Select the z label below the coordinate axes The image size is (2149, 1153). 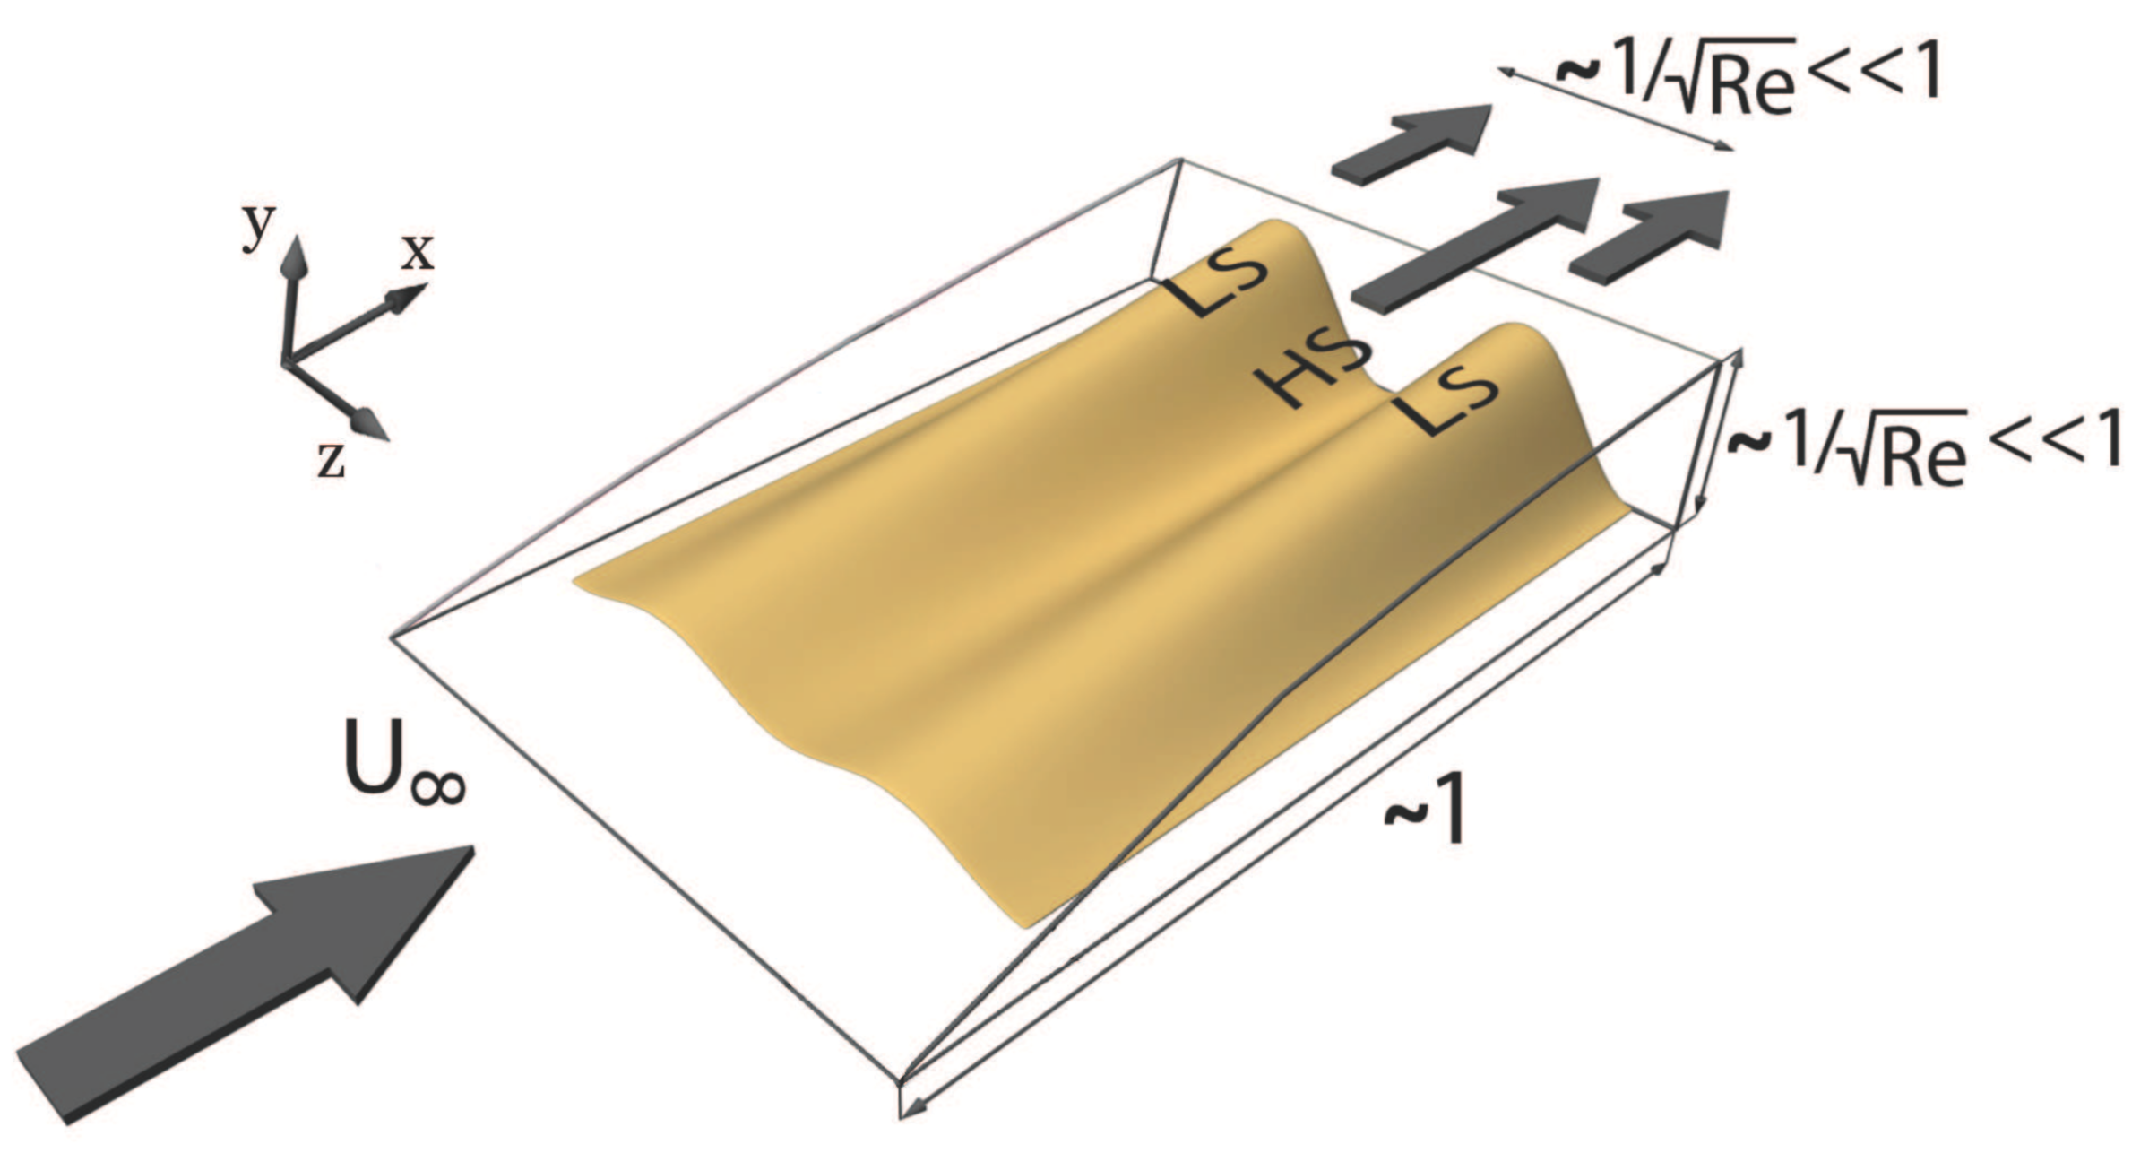pos(332,461)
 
